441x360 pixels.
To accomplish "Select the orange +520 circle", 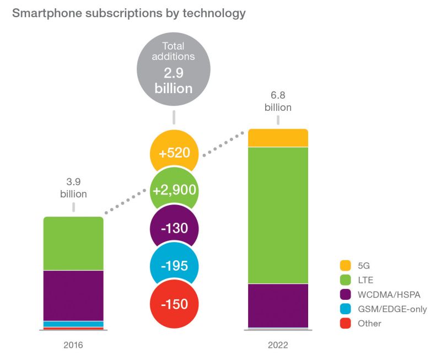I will [174, 153].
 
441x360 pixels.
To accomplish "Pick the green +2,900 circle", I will [174, 191].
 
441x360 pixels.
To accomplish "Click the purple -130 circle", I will [174, 228].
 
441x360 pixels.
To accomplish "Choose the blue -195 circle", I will [174, 266].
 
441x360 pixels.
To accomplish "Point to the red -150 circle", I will [174, 303].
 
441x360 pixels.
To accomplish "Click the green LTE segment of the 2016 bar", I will [73, 243].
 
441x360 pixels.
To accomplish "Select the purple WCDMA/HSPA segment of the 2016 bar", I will [73, 295].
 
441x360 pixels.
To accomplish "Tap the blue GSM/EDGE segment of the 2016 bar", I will [73, 324].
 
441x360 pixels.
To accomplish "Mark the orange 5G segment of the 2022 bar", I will [278, 138].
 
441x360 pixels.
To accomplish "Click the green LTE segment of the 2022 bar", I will [278, 215].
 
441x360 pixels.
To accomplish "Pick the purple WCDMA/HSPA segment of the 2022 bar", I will [278, 305].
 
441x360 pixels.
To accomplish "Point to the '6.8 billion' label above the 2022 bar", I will [278, 102].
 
